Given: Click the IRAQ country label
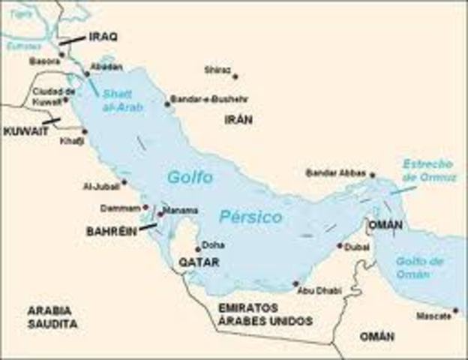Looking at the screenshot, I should pos(103,36).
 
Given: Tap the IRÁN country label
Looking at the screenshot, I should pos(238,119).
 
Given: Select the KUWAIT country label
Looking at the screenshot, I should pos(25,130).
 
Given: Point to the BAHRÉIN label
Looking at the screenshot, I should pos(112,232).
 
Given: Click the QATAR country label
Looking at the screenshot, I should pos(199,262).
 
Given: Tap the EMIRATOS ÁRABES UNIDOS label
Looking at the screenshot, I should pos(254,314).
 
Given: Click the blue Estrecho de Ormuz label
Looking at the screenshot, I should pos(428,169).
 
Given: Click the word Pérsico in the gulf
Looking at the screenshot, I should pos(250,217).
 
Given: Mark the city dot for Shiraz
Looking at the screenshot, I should pos(235,76).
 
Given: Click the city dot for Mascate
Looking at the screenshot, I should pos(455,310).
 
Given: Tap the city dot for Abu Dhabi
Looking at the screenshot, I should pos(295,283).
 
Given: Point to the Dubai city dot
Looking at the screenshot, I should pos(340,245).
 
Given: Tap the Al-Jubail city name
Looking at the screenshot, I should pos(101,186).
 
